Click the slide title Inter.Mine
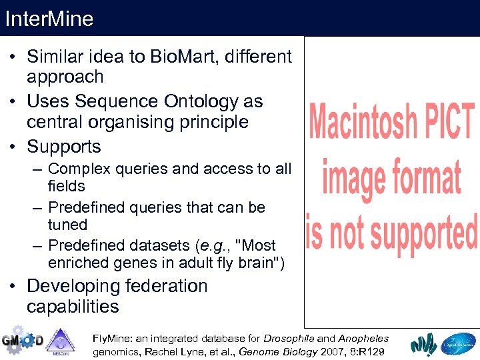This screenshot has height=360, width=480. pyautogui.click(x=49, y=18)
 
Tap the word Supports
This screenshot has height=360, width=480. pyautogui.click(x=64, y=147)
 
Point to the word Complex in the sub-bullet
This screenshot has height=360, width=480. pyautogui.click(x=81, y=169)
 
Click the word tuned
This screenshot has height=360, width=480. pyautogui.click(x=67, y=225)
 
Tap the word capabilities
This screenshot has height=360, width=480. pyautogui.click(x=73, y=307)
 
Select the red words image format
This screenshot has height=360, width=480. pyautogui.click(x=392, y=177)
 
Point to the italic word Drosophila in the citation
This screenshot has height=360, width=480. pyautogui.click(x=291, y=339)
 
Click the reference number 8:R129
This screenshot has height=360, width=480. pyautogui.click(x=367, y=351)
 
